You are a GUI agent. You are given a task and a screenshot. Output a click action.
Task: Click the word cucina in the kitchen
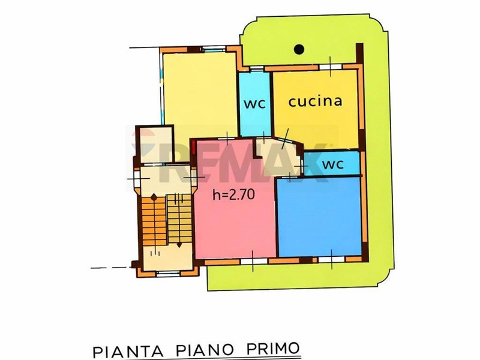[315, 101]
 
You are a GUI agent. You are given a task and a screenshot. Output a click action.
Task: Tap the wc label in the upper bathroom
[254, 104]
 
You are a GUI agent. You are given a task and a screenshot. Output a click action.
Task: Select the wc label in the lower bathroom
[333, 164]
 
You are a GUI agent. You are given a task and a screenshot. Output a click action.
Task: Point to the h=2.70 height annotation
[233, 194]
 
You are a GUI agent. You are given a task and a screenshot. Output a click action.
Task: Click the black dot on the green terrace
[299, 49]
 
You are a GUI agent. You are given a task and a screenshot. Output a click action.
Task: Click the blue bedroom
[319, 217]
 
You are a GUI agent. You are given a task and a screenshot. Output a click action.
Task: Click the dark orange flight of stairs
[154, 220]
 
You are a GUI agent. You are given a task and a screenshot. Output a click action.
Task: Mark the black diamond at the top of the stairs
[154, 197]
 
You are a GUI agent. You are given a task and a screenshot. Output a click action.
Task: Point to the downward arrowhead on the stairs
[179, 245]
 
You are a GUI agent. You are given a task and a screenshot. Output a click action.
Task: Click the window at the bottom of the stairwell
[168, 273]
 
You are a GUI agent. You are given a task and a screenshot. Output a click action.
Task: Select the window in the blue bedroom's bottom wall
[332, 259]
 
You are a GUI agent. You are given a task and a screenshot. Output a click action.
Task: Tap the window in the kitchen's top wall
[331, 67]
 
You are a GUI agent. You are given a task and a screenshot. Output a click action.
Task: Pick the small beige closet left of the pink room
[155, 145]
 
